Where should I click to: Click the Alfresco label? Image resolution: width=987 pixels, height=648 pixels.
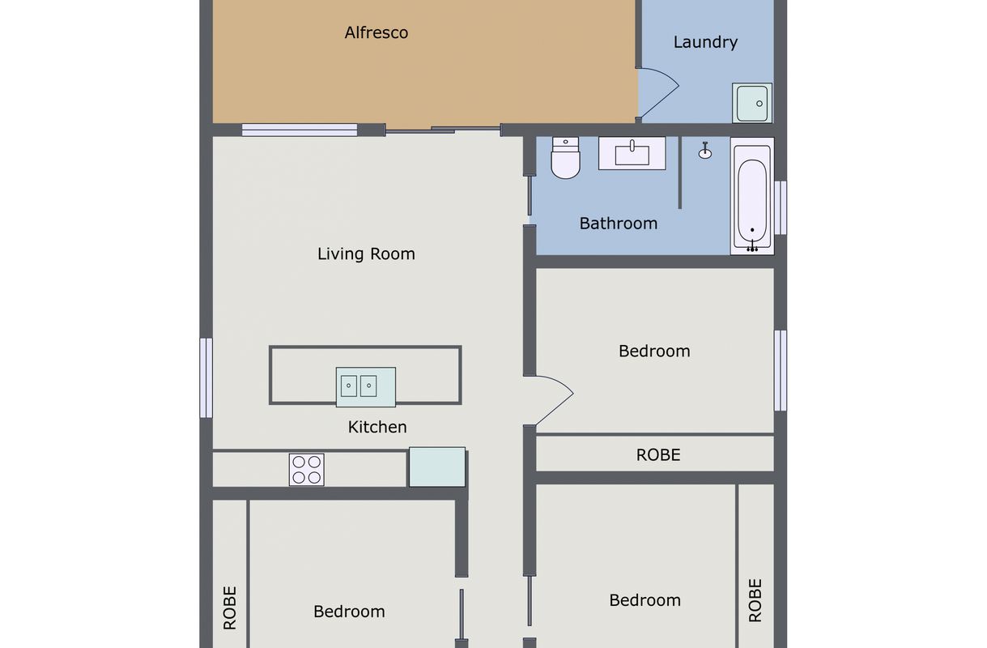(x=377, y=32)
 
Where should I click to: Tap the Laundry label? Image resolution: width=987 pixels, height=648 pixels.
(x=705, y=42)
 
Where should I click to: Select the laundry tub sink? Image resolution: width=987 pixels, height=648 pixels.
(x=752, y=103)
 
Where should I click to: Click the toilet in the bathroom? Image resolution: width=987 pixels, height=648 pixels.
(x=565, y=158)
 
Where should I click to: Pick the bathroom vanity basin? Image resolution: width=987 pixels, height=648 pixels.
(x=632, y=153)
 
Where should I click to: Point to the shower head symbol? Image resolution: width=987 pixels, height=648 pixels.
(x=705, y=151)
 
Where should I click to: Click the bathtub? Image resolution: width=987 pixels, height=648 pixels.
(x=752, y=196)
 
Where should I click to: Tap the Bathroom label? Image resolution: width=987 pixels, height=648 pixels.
(x=619, y=224)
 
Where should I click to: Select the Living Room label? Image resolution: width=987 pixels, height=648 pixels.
(x=366, y=254)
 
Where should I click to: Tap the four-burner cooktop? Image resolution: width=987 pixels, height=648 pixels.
(x=307, y=470)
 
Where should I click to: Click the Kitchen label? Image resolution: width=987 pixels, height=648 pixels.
(x=377, y=427)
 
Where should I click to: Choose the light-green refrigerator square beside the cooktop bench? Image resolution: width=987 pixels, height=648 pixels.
(x=437, y=467)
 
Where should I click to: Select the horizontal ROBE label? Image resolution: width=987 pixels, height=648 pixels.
(x=657, y=455)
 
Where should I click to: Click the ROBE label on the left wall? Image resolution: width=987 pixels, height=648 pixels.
(x=230, y=607)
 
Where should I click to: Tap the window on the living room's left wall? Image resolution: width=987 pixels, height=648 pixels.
(x=206, y=377)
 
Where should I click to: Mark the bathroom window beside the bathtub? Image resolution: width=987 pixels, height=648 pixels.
(x=781, y=207)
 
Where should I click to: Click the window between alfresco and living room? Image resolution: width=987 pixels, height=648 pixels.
(x=300, y=130)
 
